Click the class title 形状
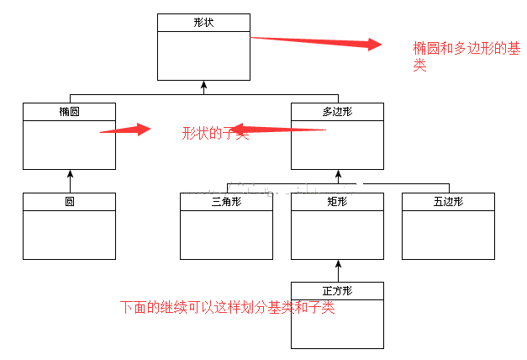203,22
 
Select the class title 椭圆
69,111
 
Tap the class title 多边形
337,111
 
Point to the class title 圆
69,202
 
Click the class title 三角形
226,202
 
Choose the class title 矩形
337,202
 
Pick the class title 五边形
448,202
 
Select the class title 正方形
337,291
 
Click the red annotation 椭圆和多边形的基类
465,56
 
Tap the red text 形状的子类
215,133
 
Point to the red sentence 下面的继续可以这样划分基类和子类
227,308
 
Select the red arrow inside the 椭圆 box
125,130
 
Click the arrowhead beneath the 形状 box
203,85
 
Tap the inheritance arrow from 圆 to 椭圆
71,181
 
